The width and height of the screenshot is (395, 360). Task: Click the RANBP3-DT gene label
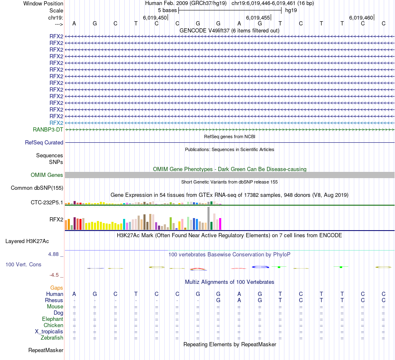[x=48, y=129]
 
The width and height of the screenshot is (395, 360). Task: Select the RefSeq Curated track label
[x=44, y=142]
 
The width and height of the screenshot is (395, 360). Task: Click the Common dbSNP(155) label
[x=37, y=188]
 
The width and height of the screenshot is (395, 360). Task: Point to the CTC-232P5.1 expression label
[x=47, y=203]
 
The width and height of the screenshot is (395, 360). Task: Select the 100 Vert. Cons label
[x=23, y=264]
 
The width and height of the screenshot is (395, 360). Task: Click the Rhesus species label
[x=54, y=300]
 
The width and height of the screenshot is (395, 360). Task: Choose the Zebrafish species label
[x=52, y=338]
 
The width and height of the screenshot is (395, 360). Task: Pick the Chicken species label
[x=53, y=325]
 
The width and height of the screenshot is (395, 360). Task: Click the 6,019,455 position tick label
[x=258, y=17]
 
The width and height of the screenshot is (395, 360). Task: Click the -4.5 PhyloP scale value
[x=55, y=275]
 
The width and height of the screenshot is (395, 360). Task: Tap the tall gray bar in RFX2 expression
[x=208, y=218]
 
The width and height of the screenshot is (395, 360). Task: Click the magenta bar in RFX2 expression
[x=220, y=224]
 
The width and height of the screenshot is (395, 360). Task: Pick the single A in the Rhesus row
[x=239, y=300]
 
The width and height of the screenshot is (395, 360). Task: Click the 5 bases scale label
[x=167, y=10]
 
